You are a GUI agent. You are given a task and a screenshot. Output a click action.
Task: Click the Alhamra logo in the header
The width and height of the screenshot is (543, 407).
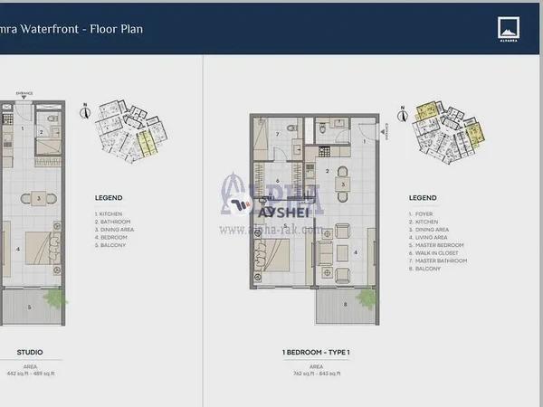[x=506, y=29]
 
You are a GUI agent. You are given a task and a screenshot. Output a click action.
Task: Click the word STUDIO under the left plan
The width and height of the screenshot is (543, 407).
[x=31, y=351]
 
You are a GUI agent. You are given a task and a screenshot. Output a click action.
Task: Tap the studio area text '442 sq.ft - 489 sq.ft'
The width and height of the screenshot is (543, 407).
[x=29, y=373]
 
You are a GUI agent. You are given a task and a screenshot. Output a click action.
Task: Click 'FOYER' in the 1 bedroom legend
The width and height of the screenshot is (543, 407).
[x=420, y=214]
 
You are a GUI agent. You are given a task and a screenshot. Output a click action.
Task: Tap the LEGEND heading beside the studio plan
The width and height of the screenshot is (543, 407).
[x=109, y=198]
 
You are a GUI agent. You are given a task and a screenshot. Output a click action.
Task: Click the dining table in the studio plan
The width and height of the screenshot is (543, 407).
[x=39, y=198]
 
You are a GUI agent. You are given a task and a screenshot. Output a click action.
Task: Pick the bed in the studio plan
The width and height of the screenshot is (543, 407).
[x=39, y=247]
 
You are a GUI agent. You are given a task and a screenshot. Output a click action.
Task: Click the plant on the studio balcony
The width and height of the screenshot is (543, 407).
[x=58, y=298]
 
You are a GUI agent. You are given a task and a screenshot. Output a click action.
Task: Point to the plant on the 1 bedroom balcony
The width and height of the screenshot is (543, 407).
[x=366, y=298]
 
